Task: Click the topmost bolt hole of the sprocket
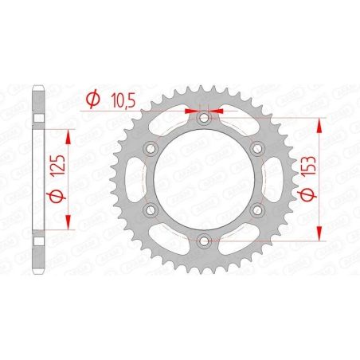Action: pos(205,116)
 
